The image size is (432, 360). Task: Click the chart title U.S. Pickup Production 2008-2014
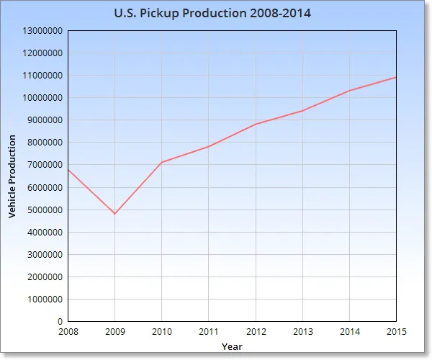point(213,14)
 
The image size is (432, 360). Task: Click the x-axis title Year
point(232,346)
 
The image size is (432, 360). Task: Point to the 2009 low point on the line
point(114,214)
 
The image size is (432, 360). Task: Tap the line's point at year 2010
point(161,162)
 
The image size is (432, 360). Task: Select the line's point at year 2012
point(256,124)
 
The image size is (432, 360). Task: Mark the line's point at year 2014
point(350,90)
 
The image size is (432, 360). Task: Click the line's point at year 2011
point(209,146)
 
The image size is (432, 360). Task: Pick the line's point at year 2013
point(302,110)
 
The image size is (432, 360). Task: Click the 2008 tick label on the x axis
point(68,331)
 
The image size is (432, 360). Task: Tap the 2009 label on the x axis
point(114,331)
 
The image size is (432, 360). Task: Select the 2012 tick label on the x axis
point(256,331)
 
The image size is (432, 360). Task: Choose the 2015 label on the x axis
point(396,331)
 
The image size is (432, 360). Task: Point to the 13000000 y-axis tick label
point(42,31)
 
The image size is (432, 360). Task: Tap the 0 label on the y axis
point(60,321)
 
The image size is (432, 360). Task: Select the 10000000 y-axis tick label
point(42,98)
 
